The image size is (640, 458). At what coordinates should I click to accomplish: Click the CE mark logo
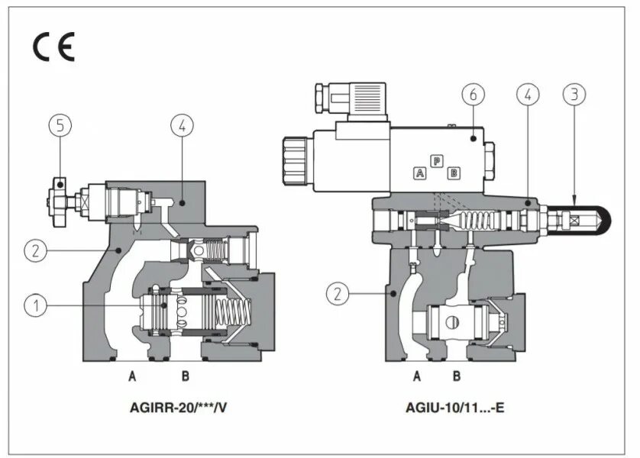click(53, 47)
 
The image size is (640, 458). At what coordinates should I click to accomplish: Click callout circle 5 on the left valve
click(58, 126)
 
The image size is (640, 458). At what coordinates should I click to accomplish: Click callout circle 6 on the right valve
click(473, 95)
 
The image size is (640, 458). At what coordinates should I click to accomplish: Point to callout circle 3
click(574, 95)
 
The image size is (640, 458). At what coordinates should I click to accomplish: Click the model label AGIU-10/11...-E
click(455, 407)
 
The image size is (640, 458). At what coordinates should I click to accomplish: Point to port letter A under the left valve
click(132, 376)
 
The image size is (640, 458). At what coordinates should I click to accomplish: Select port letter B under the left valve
click(184, 376)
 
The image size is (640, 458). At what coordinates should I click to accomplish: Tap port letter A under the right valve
click(417, 376)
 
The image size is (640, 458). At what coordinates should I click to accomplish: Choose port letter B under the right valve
click(456, 376)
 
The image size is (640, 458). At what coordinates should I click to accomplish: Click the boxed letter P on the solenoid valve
click(437, 160)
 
